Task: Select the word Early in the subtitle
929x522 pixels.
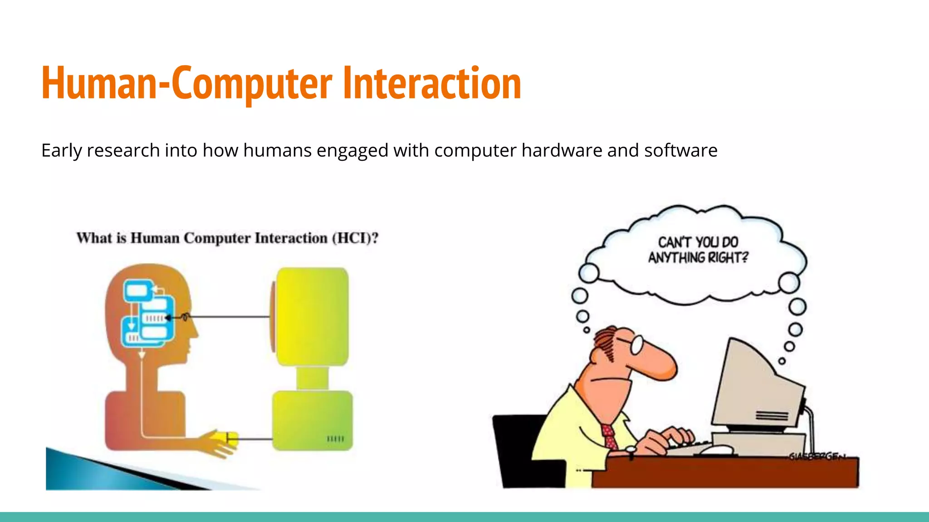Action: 61,150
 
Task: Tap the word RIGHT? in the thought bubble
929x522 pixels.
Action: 728,258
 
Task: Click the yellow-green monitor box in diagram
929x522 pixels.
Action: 312,316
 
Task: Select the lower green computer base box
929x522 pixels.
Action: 312,420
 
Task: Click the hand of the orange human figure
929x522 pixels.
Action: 220,443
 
